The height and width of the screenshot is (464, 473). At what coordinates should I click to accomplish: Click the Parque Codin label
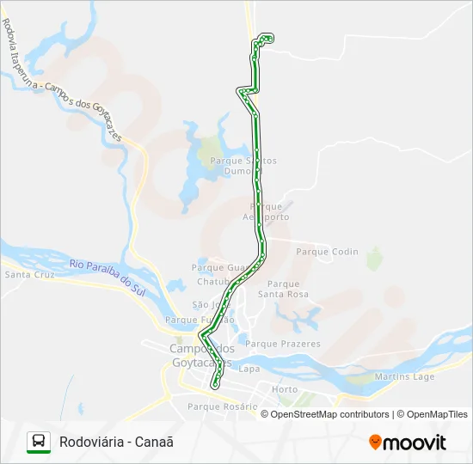[327, 252]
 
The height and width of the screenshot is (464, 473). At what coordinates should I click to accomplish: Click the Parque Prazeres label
[283, 344]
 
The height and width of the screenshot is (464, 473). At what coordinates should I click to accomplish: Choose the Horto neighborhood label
[285, 389]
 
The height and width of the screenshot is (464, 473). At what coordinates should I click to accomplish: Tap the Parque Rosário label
[222, 406]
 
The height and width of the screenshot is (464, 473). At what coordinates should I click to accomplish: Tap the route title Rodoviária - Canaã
[116, 442]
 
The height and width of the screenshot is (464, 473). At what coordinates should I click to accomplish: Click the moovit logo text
[415, 443]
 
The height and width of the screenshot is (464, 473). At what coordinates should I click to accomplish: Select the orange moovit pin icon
[375, 443]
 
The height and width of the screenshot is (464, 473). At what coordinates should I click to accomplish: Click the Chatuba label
[214, 281]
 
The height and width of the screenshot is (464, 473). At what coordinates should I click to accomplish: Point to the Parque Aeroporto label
[265, 211]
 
